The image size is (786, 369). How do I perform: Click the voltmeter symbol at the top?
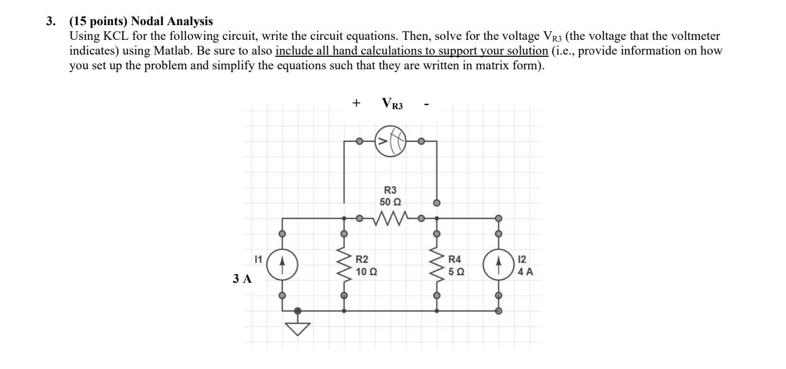[390, 142]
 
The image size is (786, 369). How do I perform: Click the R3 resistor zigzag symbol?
[390, 219]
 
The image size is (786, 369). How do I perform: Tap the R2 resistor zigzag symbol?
[344, 264]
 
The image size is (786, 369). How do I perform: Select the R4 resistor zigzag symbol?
[436, 264]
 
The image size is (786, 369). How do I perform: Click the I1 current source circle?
[282, 264]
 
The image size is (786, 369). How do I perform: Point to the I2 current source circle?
[498, 264]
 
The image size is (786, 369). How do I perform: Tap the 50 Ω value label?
[390, 201]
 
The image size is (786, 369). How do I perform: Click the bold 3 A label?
[242, 279]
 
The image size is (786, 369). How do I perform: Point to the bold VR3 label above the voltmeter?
[392, 104]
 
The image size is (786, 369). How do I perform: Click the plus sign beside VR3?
[356, 103]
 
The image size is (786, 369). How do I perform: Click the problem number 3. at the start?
[50, 22]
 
